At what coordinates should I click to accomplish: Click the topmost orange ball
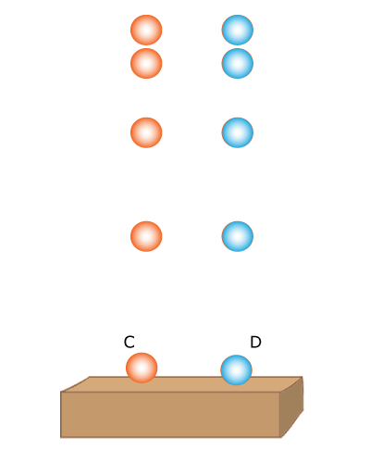coord(146,30)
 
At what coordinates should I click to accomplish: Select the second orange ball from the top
coord(146,63)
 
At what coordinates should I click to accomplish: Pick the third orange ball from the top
coord(146,132)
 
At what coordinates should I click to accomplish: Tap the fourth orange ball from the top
coord(146,236)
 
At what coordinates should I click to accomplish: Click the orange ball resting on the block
coord(142,368)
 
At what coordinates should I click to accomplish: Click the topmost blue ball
coord(238,30)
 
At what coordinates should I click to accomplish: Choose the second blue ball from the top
coord(238,63)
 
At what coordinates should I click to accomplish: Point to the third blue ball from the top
coord(238,132)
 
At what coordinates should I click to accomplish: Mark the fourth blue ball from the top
coord(238,236)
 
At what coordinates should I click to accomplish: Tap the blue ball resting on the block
coord(236,369)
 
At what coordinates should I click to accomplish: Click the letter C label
coord(129,342)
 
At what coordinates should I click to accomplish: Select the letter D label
coord(255,342)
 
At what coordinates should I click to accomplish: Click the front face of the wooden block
coord(170,415)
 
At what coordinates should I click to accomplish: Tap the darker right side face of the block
coord(291,407)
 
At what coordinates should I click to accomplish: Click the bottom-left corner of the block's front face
coord(61,437)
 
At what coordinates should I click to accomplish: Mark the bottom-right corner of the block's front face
coord(280,437)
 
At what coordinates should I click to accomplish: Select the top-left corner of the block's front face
coord(61,392)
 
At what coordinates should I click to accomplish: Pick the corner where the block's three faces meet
coord(280,392)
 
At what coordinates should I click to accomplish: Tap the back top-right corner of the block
coord(302,377)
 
